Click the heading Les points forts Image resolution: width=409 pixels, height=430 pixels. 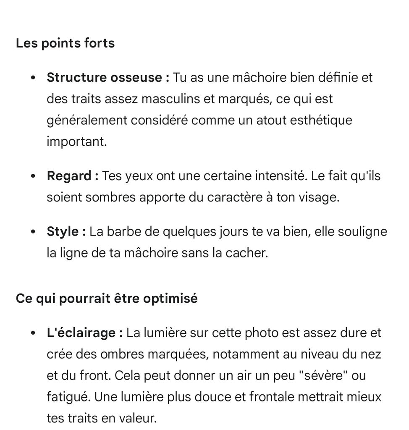[x=65, y=43]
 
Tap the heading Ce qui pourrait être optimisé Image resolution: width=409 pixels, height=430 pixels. [x=107, y=299]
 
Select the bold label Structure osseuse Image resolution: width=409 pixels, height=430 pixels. [x=105, y=78]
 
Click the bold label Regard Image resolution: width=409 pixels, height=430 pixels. [x=70, y=176]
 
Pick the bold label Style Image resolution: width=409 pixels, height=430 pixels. [x=63, y=232]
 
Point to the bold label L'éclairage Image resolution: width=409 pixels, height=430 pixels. [x=81, y=333]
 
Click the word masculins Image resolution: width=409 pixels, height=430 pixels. [x=167, y=99]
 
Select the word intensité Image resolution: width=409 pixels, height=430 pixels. [x=281, y=176]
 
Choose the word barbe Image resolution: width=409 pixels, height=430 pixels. [x=124, y=232]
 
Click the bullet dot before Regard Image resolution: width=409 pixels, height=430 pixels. [x=33, y=176]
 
